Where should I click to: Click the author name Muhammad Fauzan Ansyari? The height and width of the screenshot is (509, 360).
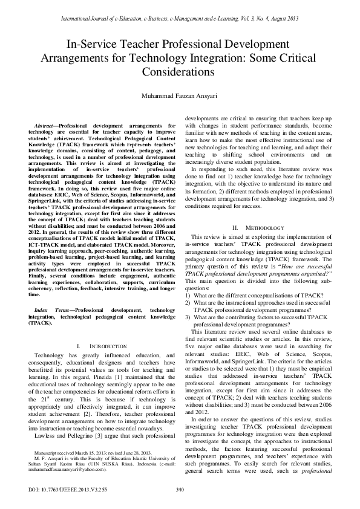coord(180,96)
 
